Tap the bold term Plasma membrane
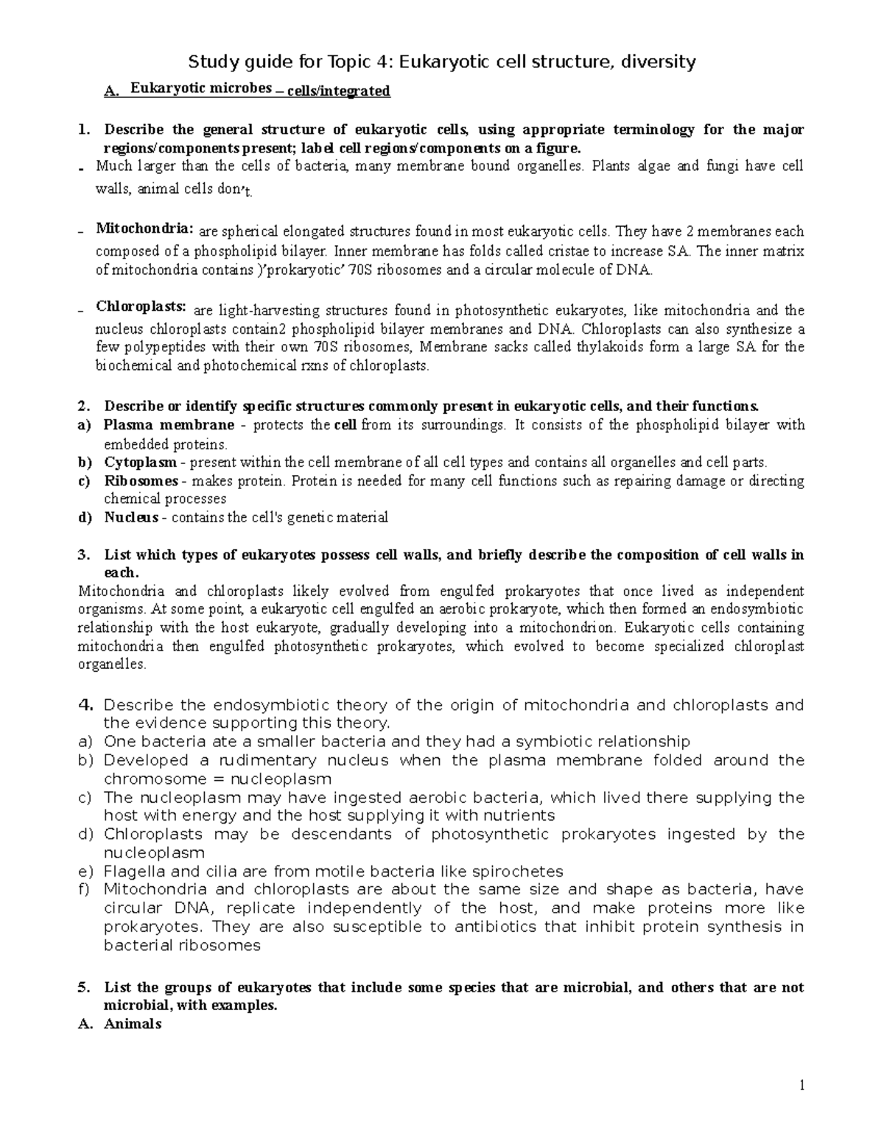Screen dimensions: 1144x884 (x=169, y=425)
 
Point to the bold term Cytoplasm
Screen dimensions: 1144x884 (x=140, y=463)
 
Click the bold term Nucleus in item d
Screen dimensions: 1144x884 (x=131, y=517)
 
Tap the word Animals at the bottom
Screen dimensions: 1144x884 (x=133, y=1023)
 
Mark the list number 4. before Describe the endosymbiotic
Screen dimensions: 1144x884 (x=85, y=705)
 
